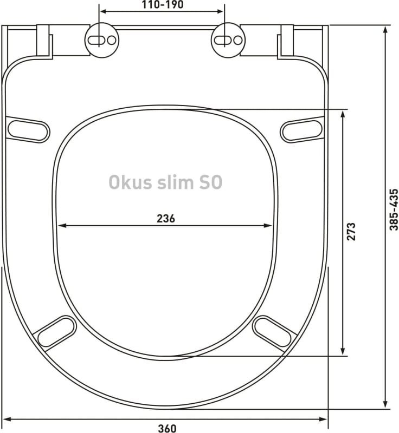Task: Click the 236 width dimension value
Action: tap(165, 219)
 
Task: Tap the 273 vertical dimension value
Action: tap(351, 232)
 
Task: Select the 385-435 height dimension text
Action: tap(394, 216)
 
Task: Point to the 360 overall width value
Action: tap(167, 428)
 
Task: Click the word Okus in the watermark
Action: tap(128, 182)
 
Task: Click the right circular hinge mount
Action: tap(226, 40)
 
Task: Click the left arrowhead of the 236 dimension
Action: tap(61, 226)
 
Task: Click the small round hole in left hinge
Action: tap(111, 40)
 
